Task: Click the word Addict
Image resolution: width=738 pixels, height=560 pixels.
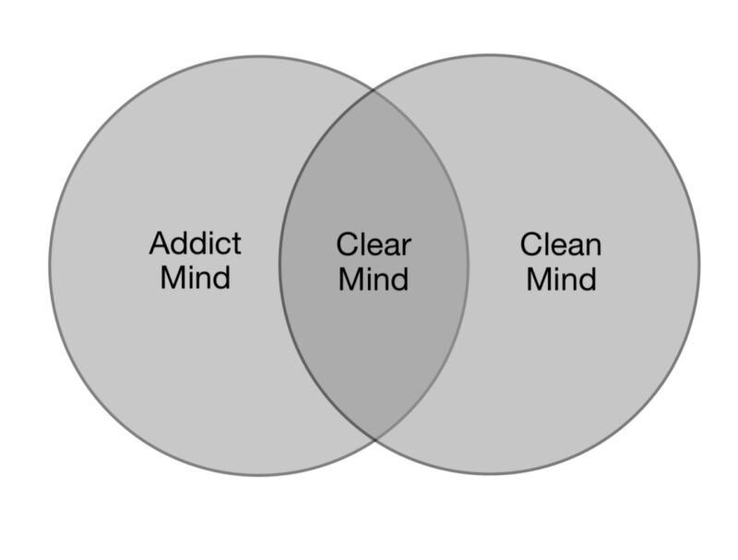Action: [x=195, y=244]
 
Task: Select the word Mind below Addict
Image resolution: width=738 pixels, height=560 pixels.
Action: [x=195, y=277]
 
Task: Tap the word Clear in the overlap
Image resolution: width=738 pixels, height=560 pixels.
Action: [x=374, y=245]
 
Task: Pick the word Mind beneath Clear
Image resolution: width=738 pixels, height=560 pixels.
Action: [x=374, y=278]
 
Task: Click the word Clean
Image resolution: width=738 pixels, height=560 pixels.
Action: [x=561, y=244]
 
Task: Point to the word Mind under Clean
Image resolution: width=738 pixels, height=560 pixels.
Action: [x=561, y=278]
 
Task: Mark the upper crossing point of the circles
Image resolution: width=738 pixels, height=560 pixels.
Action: [x=374, y=90]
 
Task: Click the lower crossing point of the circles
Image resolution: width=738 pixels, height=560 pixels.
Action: [x=374, y=440]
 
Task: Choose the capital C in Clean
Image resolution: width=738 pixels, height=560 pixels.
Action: [x=531, y=244]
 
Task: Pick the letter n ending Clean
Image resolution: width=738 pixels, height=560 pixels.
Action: [x=593, y=247]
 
